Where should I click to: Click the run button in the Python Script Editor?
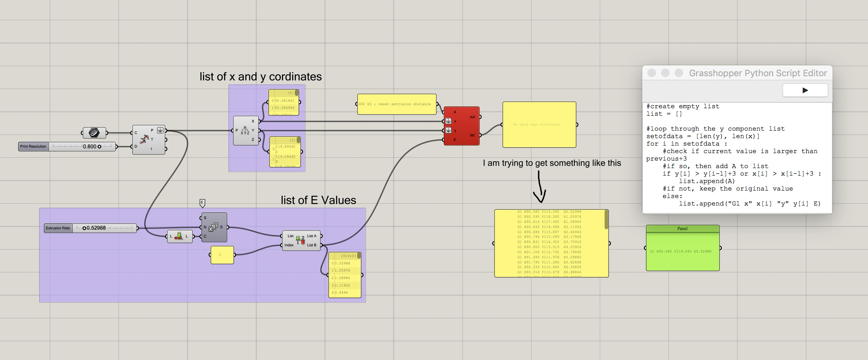[805, 90]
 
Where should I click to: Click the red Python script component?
[462, 126]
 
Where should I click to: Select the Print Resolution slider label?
[33, 147]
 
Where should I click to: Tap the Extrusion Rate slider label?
[58, 228]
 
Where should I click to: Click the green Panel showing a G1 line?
[682, 251]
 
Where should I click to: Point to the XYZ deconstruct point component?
[245, 131]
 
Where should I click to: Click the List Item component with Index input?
[301, 240]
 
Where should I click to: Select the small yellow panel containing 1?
[222, 255]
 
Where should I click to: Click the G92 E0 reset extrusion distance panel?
[396, 104]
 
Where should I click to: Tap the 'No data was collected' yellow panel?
[539, 125]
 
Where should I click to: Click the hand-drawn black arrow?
[539, 187]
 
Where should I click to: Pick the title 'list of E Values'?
[318, 200]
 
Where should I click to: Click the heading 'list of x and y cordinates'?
[261, 77]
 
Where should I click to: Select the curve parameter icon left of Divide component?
[94, 133]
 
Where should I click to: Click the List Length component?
[180, 236]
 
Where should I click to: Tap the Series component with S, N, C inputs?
[214, 227]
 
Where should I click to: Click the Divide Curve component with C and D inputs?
[148, 140]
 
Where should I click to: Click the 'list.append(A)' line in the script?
[707, 181]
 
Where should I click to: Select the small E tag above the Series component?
[202, 203]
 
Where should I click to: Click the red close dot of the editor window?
[651, 73]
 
